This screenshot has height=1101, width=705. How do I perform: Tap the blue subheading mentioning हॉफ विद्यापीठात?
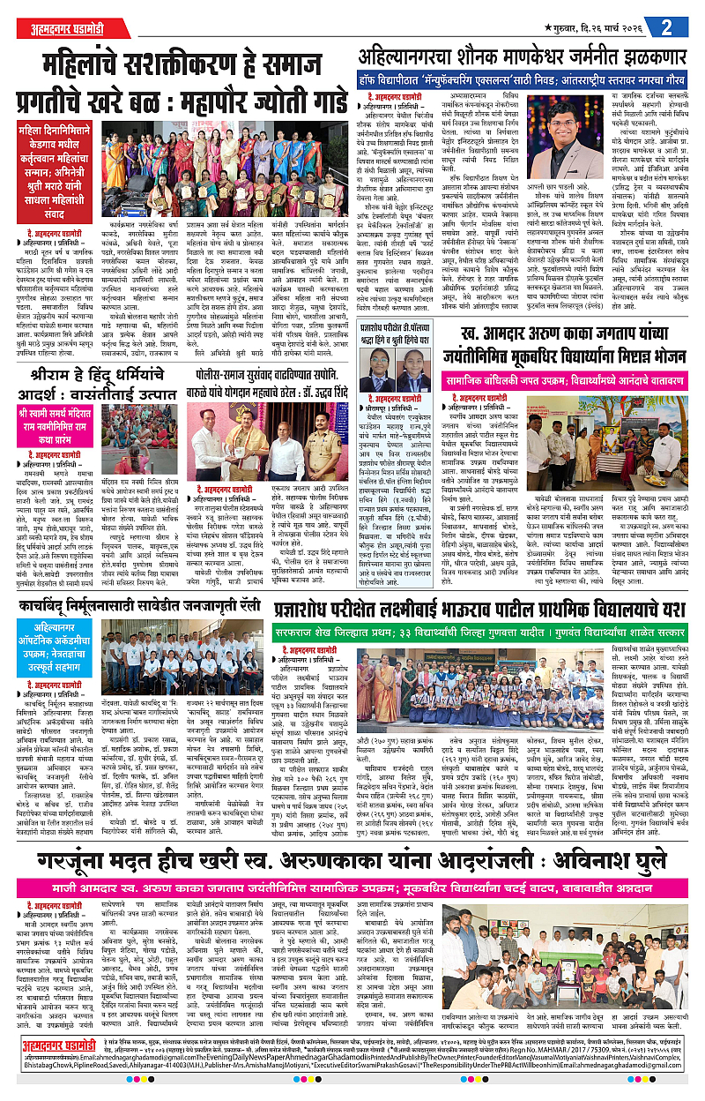tap(530, 78)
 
